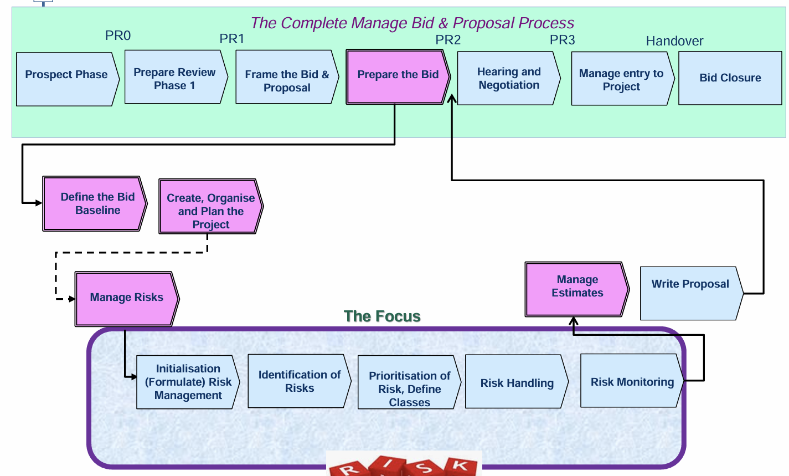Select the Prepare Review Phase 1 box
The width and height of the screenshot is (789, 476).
[x=176, y=77]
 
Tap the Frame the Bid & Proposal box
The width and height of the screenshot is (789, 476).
[x=287, y=77]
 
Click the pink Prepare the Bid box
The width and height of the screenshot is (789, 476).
[x=398, y=77]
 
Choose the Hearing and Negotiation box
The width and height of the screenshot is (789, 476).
[x=509, y=78]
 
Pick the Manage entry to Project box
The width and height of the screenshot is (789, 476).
[x=623, y=79]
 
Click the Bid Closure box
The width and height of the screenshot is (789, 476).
[x=730, y=78]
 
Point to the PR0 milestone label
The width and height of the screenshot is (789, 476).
[x=118, y=35]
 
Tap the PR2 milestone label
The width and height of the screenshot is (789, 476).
[x=448, y=40]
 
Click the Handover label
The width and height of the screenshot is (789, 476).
[x=674, y=41]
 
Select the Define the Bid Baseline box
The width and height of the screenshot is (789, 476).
[x=95, y=204]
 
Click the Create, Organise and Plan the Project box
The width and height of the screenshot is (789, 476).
[x=211, y=206]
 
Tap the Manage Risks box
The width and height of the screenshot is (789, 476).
[x=127, y=299]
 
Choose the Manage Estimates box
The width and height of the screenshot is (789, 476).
[x=577, y=289]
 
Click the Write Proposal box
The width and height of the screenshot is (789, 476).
[x=692, y=293]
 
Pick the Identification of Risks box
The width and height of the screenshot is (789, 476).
[x=300, y=381]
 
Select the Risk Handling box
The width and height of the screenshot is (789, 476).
[x=517, y=381]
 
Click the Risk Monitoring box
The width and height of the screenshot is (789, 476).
[x=632, y=381]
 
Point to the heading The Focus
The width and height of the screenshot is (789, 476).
[x=382, y=316]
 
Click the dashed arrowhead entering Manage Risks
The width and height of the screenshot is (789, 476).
[x=72, y=299]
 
